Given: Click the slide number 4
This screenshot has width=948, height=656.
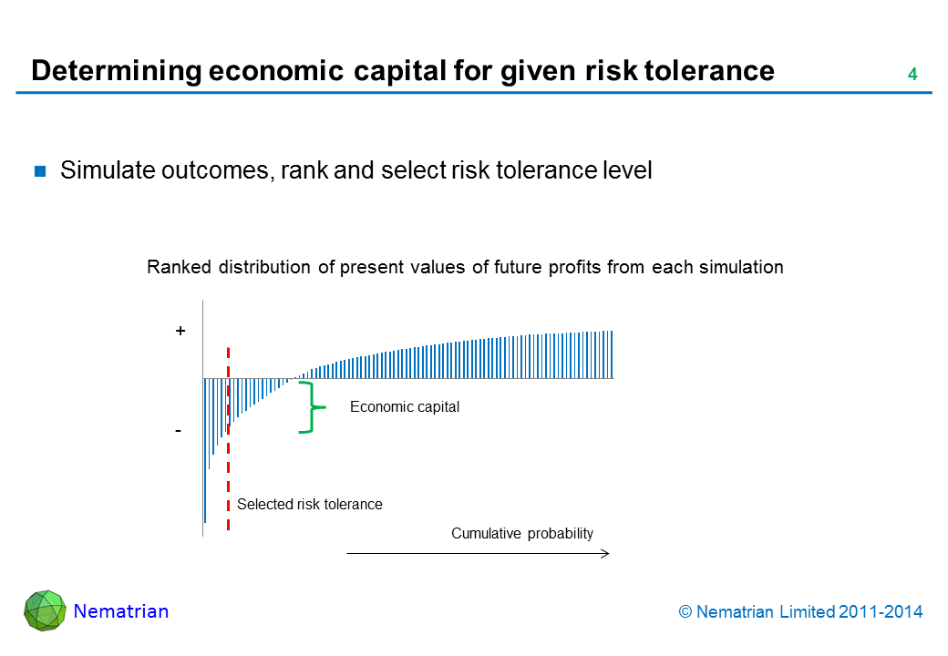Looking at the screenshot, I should (912, 76).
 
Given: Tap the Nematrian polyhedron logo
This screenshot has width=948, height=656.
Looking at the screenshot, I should (45, 610).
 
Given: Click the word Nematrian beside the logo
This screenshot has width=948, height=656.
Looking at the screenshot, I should (121, 611).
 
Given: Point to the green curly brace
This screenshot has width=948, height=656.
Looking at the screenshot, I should (312, 406).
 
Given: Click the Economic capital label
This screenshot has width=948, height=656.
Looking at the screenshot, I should (404, 407).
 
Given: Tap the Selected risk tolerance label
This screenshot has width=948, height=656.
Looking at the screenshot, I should (309, 504).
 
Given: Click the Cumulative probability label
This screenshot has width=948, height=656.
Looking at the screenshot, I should (521, 534).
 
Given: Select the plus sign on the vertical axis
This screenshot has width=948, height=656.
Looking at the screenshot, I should (180, 333).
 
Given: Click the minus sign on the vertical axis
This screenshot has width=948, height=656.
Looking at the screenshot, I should (180, 430).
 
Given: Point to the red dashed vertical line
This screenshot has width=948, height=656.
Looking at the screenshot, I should (228, 437).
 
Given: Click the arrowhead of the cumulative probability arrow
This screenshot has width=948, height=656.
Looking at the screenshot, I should (604, 553).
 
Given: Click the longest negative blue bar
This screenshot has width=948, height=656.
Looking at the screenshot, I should (205, 450).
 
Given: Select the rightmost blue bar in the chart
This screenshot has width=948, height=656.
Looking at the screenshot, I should (613, 354).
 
